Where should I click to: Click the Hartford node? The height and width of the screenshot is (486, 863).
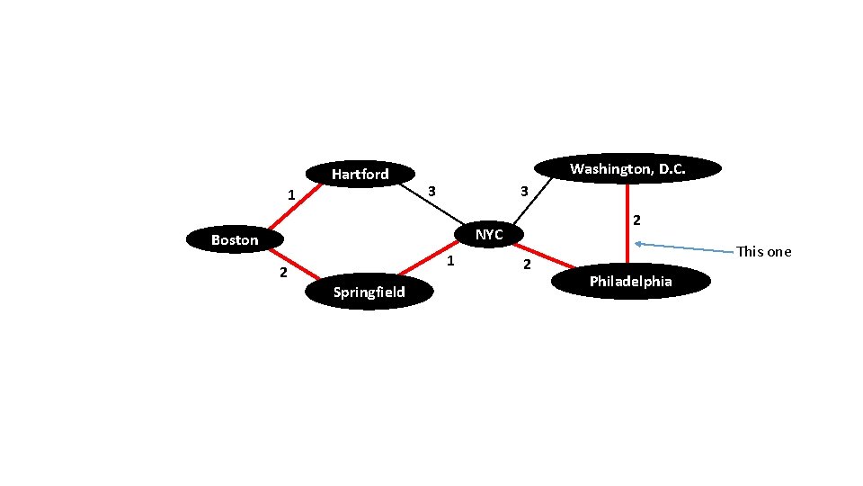tap(360, 174)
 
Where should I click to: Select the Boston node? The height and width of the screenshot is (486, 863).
tap(234, 239)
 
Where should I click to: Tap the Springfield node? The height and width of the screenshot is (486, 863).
tap(369, 292)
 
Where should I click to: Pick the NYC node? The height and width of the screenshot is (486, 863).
tap(489, 234)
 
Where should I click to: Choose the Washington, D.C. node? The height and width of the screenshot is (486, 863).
tap(627, 168)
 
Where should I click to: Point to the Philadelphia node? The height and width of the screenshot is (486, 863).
tap(630, 282)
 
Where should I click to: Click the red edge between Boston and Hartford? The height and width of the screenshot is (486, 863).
tap(295, 206)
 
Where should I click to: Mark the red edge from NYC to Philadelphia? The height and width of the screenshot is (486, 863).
tap(544, 256)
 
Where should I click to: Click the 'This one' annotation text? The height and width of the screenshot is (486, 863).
tap(763, 252)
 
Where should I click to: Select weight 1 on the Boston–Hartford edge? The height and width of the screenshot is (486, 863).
tap(290, 194)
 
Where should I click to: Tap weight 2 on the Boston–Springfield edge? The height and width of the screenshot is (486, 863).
tap(282, 273)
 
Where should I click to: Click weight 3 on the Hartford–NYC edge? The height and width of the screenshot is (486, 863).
tap(431, 191)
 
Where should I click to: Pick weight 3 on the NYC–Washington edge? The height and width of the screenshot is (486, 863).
tap(523, 191)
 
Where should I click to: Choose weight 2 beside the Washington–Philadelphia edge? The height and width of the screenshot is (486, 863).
tap(636, 220)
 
